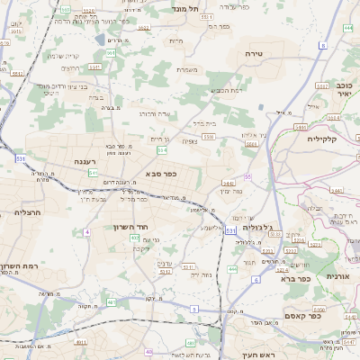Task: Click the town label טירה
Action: click(x=253, y=54)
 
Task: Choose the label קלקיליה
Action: click(x=321, y=139)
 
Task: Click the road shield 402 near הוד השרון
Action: click(x=134, y=238)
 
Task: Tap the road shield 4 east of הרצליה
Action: click(x=87, y=232)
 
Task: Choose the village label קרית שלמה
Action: click(x=64, y=56)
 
